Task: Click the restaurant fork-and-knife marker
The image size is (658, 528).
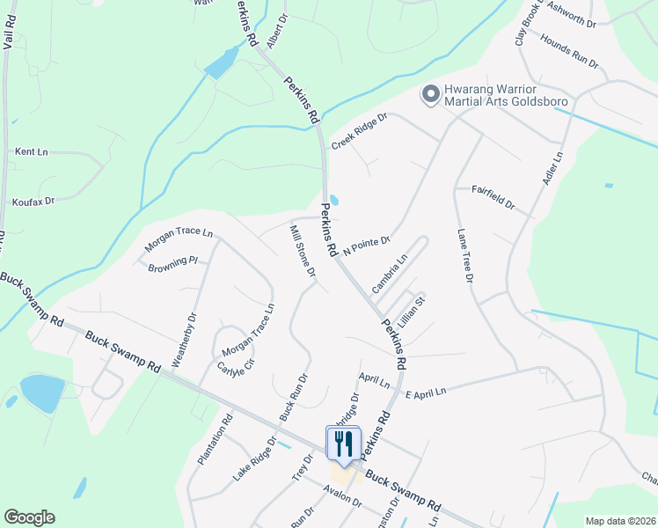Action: click(x=344, y=443)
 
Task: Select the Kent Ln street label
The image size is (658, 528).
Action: click(x=31, y=152)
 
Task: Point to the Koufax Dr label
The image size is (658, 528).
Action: click(x=33, y=202)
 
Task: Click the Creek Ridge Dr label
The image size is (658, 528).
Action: click(x=359, y=132)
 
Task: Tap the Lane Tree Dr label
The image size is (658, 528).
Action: click(x=465, y=255)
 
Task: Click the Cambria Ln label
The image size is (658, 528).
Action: click(x=390, y=274)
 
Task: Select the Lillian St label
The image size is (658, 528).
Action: click(x=411, y=312)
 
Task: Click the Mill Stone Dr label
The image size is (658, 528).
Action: click(x=303, y=252)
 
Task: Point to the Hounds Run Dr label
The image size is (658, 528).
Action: click(x=569, y=53)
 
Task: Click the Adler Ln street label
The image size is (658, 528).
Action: click(x=555, y=169)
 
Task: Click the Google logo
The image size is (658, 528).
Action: click(x=29, y=517)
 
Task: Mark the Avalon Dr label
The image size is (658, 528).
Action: click(x=342, y=495)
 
